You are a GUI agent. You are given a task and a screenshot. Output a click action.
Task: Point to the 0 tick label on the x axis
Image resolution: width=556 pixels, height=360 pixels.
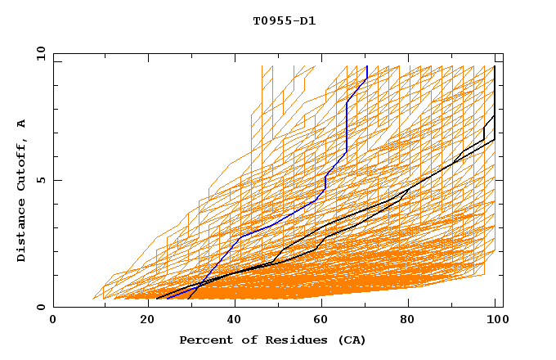point(53,320)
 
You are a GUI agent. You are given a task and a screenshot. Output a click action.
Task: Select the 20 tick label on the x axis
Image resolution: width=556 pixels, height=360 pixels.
point(142,320)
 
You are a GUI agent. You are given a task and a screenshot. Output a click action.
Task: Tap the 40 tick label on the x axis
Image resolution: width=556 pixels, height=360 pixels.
point(231,320)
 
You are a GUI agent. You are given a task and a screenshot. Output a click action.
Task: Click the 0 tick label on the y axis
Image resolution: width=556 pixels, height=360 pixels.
point(40,308)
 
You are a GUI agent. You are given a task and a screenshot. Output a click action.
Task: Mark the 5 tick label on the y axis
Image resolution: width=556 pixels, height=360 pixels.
point(40,180)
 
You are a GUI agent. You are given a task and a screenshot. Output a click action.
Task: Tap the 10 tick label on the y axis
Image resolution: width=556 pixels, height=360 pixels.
point(37,53)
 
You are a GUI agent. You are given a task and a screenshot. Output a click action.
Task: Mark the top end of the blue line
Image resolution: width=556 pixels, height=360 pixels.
point(367,66)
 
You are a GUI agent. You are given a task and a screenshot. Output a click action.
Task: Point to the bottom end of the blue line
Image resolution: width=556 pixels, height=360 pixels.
point(167,299)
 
